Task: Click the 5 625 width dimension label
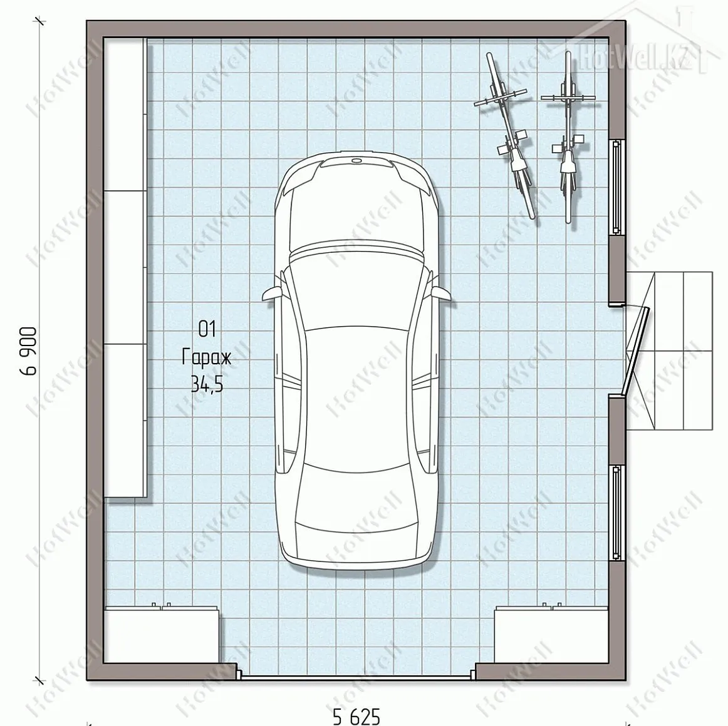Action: (356, 716)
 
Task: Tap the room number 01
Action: (207, 329)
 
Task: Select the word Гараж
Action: (206, 357)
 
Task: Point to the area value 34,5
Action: (207, 384)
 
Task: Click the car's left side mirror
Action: (273, 294)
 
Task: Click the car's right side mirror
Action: (440, 294)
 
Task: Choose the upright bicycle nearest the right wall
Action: (568, 137)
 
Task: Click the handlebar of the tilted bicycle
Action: (501, 98)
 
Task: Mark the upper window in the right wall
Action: (616, 187)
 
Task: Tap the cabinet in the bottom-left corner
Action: (162, 634)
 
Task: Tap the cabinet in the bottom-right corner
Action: (551, 634)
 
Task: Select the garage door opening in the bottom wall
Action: (356, 677)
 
